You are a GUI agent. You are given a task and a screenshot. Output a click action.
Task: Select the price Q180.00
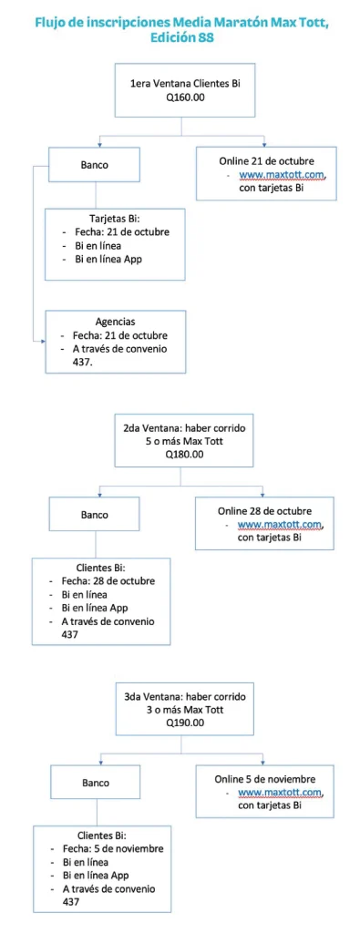184,454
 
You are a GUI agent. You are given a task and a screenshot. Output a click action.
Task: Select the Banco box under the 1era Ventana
94,166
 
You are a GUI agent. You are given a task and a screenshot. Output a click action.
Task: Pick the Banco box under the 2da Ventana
94,515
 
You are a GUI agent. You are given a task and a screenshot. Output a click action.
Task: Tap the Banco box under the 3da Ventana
95,782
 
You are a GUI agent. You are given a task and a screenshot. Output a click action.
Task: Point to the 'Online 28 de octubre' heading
264,510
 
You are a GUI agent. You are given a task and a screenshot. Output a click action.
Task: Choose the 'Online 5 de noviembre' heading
265,779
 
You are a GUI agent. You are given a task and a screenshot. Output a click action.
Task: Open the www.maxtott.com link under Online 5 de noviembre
282,793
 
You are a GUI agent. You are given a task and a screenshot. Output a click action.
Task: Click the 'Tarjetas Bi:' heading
114,219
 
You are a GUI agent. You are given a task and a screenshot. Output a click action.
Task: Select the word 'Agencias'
116,322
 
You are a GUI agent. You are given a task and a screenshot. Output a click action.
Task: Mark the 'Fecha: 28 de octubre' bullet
108,581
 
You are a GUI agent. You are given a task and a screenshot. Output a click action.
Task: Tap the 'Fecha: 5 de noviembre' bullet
113,849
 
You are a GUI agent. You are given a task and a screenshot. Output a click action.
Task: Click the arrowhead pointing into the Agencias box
41,341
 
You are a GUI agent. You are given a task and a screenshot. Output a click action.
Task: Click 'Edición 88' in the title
181,38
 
